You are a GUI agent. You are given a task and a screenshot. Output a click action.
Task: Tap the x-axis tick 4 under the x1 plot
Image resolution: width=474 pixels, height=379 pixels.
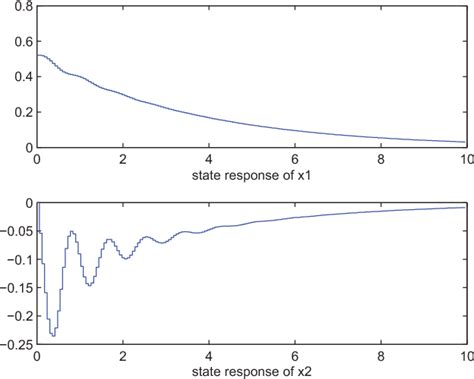[x=208, y=159]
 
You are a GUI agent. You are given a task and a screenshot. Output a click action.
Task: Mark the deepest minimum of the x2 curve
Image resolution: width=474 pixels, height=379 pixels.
[x=53, y=335]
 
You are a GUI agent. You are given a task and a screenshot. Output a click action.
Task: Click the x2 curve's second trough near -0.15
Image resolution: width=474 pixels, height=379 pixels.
[x=90, y=285]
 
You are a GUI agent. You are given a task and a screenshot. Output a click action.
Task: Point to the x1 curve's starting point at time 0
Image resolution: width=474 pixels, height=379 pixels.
[x=38, y=55]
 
